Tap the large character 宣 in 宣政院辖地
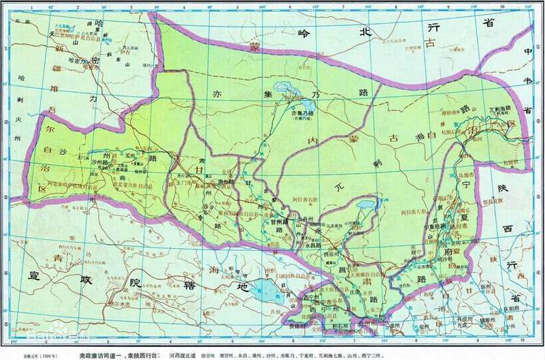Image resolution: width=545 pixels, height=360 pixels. click(x=29, y=276)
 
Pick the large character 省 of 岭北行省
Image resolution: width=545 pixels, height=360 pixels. click(x=488, y=23)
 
